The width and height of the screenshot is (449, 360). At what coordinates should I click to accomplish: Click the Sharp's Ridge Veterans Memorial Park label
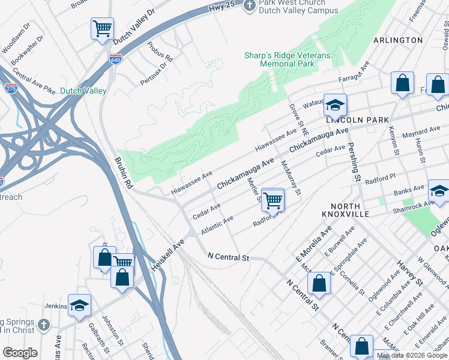click(287, 59)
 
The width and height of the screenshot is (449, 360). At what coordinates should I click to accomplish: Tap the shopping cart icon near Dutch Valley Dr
click(102, 28)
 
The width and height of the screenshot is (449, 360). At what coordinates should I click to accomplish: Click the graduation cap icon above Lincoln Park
click(335, 104)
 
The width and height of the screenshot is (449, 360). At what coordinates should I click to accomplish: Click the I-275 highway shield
click(11, 88)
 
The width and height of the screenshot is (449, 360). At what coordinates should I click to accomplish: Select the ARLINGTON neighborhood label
click(398, 40)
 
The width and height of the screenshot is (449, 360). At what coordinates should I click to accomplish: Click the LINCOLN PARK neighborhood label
click(357, 120)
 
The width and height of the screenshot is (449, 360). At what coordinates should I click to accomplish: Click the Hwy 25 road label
click(221, 8)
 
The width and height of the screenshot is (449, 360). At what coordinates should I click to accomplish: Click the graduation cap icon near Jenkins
click(79, 304)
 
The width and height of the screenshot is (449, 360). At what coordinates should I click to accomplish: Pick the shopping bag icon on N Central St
click(319, 283)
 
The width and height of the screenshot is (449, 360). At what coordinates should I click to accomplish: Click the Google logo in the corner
click(20, 353)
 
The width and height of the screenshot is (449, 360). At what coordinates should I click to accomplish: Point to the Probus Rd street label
click(161, 54)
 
